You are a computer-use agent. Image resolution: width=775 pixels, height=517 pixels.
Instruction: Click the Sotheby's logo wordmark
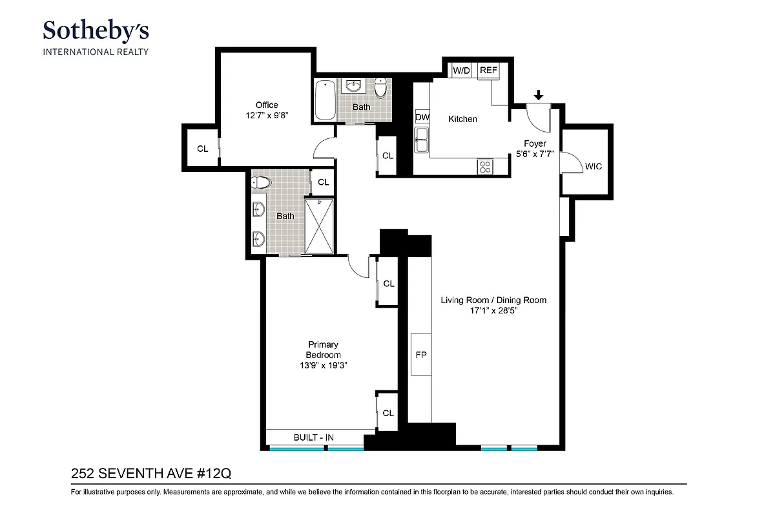pyautogui.click(x=96, y=30)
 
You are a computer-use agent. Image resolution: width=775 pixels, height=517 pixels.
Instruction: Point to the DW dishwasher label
pyautogui.click(x=422, y=117)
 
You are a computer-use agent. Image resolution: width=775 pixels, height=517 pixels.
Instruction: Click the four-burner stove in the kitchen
pyautogui.click(x=485, y=167)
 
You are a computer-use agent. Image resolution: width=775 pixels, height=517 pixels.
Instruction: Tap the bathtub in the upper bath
pyautogui.click(x=325, y=100)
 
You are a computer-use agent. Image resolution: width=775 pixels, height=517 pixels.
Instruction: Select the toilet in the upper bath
pyautogui.click(x=381, y=88)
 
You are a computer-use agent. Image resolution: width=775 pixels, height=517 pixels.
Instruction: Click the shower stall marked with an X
pyautogui.click(x=319, y=226)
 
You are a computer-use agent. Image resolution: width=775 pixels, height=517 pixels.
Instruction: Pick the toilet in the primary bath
pyautogui.click(x=260, y=183)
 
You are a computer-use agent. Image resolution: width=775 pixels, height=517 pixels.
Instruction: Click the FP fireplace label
pyautogui.click(x=421, y=354)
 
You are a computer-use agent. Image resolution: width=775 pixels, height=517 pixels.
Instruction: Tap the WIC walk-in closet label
pyautogui.click(x=593, y=167)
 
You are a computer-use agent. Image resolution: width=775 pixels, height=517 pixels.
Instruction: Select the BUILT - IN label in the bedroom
pyautogui.click(x=314, y=438)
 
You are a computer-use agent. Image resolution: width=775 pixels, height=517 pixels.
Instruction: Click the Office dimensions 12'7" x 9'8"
pyautogui.click(x=266, y=116)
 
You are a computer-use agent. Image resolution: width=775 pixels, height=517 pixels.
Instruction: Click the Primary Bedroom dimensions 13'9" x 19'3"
pyautogui.click(x=323, y=365)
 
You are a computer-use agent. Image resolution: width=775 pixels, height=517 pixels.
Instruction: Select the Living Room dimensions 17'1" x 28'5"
pyautogui.click(x=493, y=310)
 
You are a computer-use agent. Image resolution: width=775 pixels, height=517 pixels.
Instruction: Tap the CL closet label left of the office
pyautogui.click(x=203, y=149)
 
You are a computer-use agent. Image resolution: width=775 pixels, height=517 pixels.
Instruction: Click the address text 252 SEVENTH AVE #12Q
pyautogui.click(x=150, y=474)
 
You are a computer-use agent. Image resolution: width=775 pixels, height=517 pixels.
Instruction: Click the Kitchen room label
pyautogui.click(x=462, y=119)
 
